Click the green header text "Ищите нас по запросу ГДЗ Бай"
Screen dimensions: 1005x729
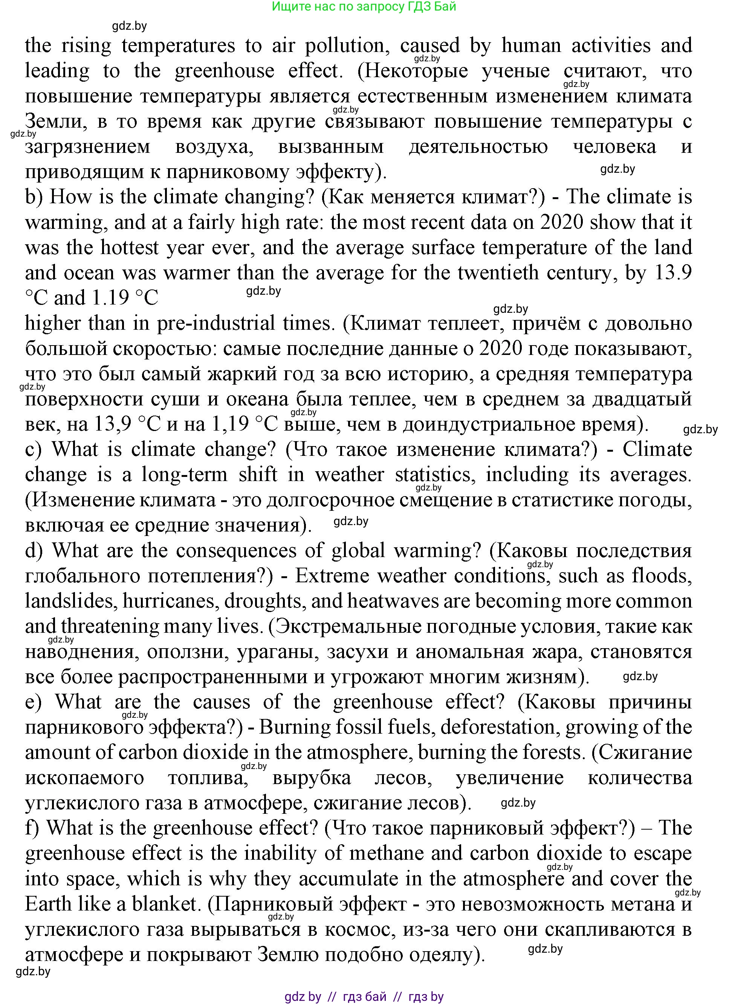(x=364, y=7)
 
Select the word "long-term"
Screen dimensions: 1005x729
(x=184, y=475)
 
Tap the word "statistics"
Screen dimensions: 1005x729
(x=433, y=475)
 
